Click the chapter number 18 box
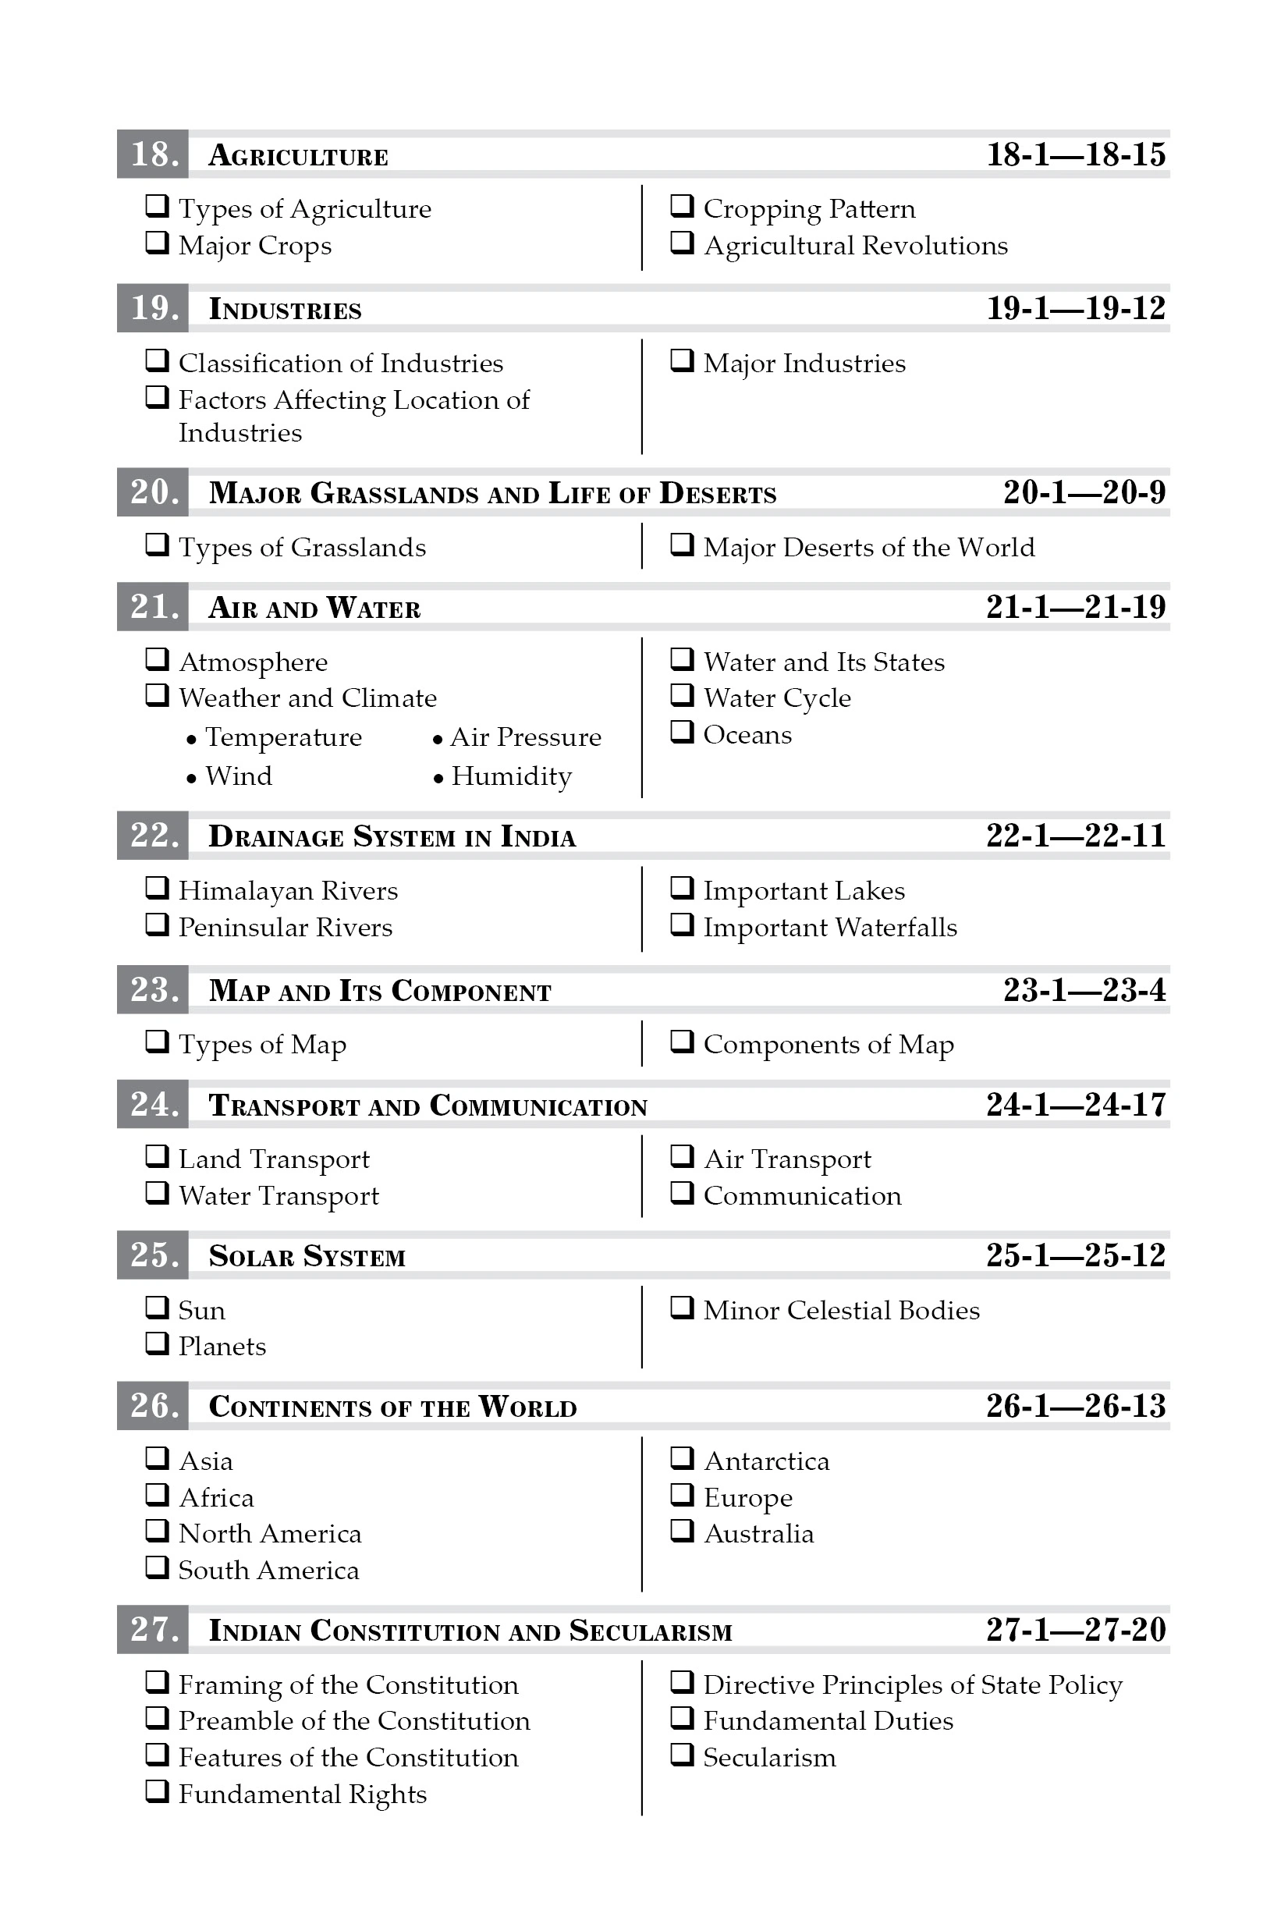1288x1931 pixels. coord(153,154)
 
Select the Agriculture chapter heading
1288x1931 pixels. coord(298,155)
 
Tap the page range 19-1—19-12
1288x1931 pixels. coord(1075,309)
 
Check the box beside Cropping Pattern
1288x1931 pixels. coord(682,205)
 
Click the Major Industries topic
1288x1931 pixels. coord(804,363)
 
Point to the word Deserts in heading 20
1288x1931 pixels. coord(717,493)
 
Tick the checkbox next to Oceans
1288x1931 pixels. coord(682,731)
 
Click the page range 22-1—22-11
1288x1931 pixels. coord(1075,836)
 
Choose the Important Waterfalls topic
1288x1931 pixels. coord(829,928)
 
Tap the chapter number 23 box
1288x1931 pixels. coord(153,990)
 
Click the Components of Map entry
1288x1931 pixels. coord(828,1044)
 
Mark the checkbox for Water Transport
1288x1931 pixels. coord(157,1192)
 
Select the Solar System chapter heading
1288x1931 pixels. coord(307,1256)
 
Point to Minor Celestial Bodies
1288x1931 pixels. coord(841,1310)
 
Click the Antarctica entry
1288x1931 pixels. coord(766,1461)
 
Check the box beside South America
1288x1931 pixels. coord(157,1567)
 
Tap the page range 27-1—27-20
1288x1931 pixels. coord(1075,1631)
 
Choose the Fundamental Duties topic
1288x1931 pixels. coord(828,1720)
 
